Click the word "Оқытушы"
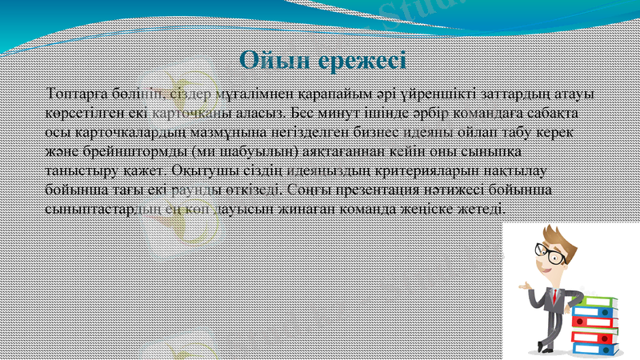204,170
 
